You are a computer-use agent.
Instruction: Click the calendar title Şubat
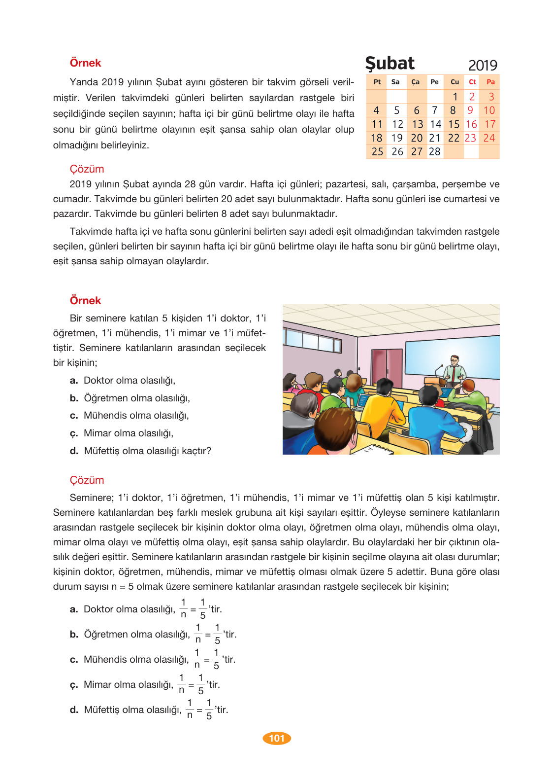390,64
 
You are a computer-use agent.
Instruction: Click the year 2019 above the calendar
482,66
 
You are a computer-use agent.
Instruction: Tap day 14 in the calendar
435,124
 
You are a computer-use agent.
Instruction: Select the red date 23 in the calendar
470,138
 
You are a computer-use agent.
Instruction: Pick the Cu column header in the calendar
455,82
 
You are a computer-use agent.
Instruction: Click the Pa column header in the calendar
490,82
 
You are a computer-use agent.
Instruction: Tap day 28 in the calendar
434,152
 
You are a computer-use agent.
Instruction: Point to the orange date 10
489,110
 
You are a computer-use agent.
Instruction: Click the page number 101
277,738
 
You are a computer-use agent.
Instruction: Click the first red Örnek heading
85,63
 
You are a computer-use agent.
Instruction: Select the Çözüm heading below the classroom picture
87,480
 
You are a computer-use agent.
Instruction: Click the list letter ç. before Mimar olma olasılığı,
74,433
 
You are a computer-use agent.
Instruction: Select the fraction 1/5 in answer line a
202,609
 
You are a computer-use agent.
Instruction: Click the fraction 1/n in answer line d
190,710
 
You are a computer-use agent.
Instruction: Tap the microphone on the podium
438,370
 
